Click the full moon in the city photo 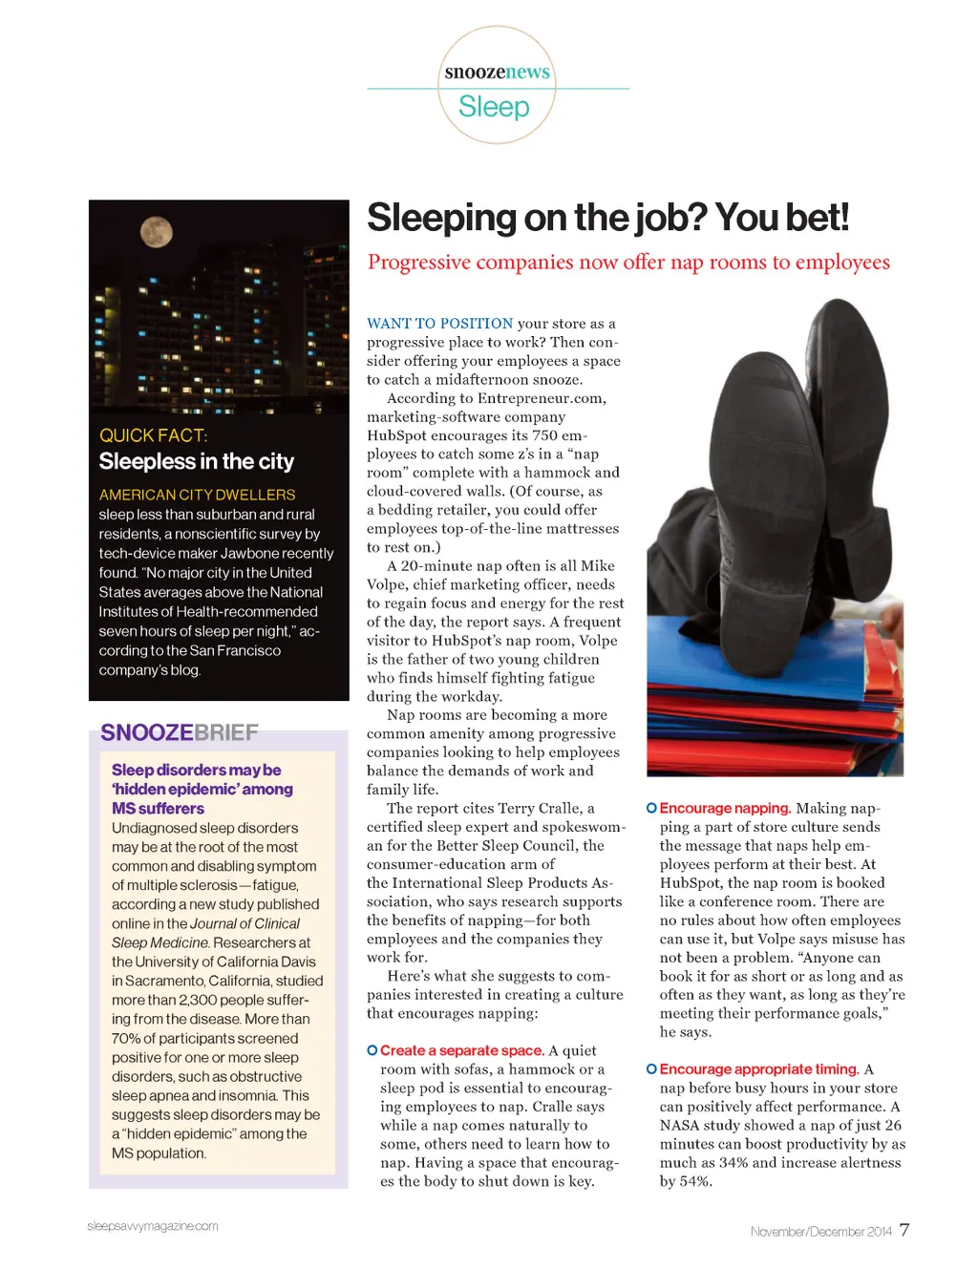[157, 231]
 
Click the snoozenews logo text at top [497, 72]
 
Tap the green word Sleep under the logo [494, 107]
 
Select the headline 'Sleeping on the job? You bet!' [607, 218]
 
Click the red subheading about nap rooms [628, 263]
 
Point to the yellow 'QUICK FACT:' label [153, 435]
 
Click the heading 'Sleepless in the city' [197, 462]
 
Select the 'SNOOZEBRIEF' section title [180, 732]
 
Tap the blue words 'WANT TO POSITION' [440, 324]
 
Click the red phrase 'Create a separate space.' [462, 1050]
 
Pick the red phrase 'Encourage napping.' [725, 808]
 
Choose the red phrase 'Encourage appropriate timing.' [759, 1069]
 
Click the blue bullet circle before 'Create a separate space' [372, 1050]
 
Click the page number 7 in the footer [904, 1230]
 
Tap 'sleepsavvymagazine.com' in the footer [153, 1226]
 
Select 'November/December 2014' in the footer [820, 1232]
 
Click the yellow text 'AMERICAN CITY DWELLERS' [197, 495]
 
